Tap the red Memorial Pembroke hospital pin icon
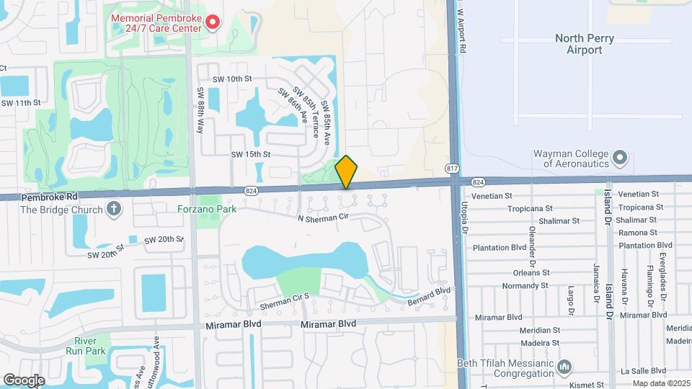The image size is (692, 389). click(213, 23)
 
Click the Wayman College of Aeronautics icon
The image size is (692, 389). click(619, 158)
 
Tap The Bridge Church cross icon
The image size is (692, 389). click(112, 210)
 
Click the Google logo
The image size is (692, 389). click(24, 380)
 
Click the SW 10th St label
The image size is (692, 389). click(232, 79)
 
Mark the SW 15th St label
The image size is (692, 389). click(250, 154)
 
